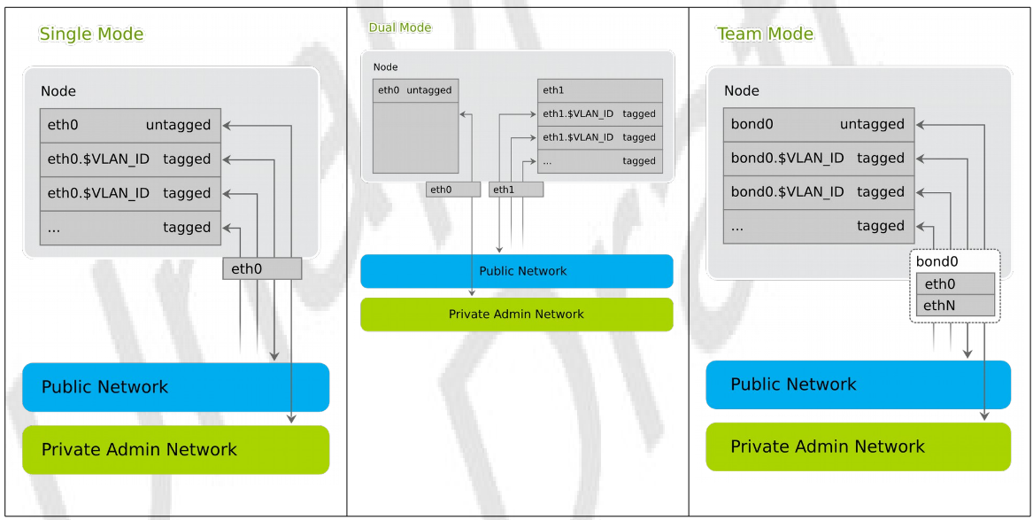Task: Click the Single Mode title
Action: (91, 35)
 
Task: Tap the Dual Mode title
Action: (400, 27)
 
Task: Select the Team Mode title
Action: (765, 35)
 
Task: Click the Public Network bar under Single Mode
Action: (175, 387)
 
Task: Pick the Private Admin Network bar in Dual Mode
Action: (516, 314)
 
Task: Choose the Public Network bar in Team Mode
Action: (858, 384)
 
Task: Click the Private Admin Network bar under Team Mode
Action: (858, 446)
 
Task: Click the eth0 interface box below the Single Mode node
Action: (262, 268)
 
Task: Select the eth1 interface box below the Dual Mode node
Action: (515, 190)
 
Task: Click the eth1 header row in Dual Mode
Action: (599, 90)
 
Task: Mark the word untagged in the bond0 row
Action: (872, 125)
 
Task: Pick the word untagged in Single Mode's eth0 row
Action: (178, 126)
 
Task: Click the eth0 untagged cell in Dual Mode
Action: (415, 90)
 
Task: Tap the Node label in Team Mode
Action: (742, 91)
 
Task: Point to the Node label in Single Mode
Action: (58, 92)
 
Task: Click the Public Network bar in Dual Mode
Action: (516, 271)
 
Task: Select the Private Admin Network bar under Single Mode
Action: (175, 450)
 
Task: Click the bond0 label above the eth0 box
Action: (937, 262)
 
